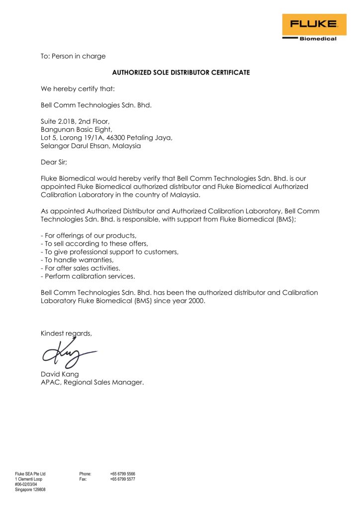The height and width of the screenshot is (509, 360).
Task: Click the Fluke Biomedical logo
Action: point(310,27)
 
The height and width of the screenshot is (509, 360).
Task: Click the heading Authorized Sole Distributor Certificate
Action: point(181,73)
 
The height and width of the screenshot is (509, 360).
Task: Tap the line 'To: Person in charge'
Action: point(73,56)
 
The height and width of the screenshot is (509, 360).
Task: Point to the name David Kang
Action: point(60,374)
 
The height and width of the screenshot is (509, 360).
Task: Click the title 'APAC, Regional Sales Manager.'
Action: point(92,382)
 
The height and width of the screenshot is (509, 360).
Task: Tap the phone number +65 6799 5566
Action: point(123,474)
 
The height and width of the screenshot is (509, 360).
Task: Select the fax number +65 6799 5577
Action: point(123,479)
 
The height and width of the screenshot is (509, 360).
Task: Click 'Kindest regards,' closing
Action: point(66,334)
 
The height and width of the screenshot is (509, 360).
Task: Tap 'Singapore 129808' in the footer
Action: point(30,490)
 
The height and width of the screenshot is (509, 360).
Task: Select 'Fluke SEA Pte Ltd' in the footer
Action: point(30,474)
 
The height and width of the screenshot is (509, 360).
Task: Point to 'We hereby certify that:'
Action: point(78,89)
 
